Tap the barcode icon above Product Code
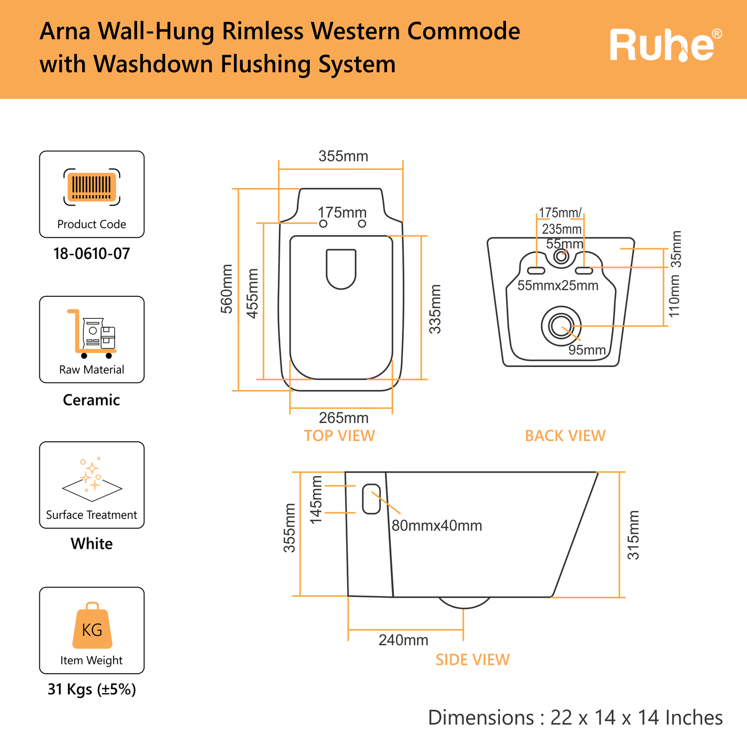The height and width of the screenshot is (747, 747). [92, 187]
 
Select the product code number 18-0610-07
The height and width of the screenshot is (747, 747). [92, 254]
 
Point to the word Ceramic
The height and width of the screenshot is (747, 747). [92, 400]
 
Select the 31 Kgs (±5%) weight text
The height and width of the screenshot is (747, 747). [92, 689]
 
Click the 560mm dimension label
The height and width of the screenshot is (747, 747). [227, 289]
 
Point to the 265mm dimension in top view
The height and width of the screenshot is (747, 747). [344, 417]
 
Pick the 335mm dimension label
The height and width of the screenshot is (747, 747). [435, 309]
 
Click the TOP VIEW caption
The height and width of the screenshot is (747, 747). [339, 436]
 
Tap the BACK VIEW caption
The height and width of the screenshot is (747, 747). [565, 436]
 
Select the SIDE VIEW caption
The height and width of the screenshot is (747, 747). [472, 660]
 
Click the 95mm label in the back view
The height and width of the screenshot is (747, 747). [587, 350]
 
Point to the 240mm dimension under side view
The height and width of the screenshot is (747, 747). [403, 640]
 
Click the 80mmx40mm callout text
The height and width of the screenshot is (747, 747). [437, 526]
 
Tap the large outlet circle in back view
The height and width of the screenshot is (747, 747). [561, 326]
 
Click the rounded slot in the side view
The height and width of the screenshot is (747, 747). [372, 499]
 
